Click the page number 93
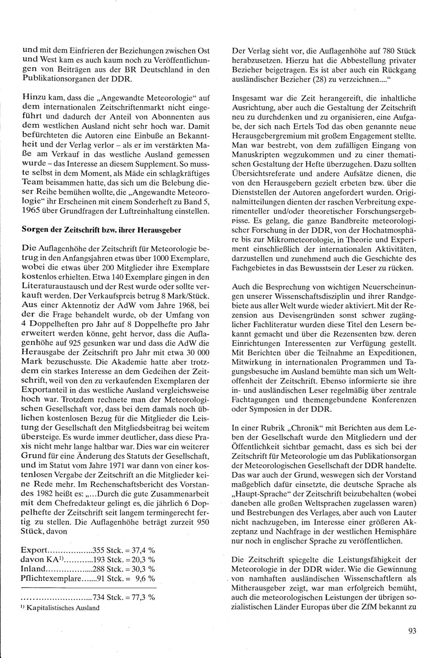[412, 631]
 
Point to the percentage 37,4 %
[143, 550]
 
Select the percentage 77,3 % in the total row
[143, 597]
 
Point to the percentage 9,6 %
[145, 578]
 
